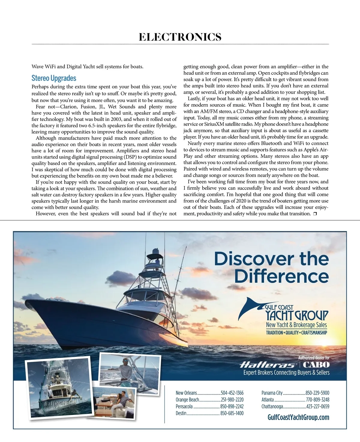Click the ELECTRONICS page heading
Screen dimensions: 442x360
tap(180, 37)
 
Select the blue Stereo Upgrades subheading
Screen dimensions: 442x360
tap(54, 78)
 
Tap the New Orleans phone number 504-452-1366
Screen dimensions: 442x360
tap(232, 393)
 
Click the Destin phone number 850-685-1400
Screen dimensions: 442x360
tap(232, 413)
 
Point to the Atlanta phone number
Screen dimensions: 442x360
tap(317, 400)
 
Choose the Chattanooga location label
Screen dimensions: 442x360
tap(272, 407)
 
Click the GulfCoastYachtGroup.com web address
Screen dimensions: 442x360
tap(298, 417)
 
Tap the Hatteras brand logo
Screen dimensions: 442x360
tap(267, 365)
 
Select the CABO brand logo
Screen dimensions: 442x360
tap(316, 365)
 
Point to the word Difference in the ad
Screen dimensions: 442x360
tap(281, 276)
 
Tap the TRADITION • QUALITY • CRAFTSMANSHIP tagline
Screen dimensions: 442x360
tap(296, 332)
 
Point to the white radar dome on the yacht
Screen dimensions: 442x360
tap(155, 251)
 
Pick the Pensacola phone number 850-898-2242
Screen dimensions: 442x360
tap(232, 407)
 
